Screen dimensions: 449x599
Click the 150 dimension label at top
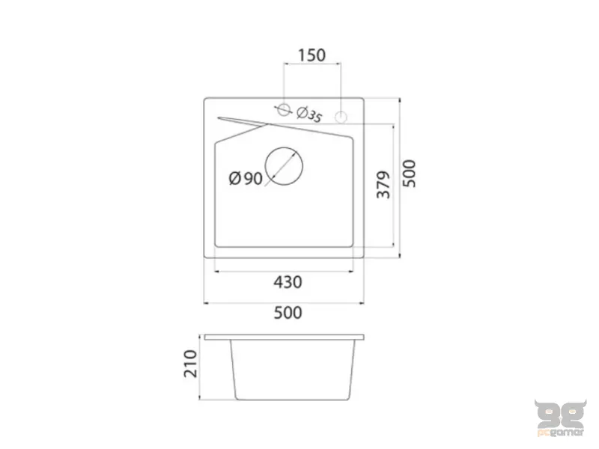click(x=311, y=55)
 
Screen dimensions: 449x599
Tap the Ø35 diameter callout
click(x=308, y=115)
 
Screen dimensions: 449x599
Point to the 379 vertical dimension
click(x=383, y=185)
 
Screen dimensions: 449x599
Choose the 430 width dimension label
click(x=288, y=282)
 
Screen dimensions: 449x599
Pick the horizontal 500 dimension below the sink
click(x=288, y=313)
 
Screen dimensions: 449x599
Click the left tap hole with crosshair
click(x=283, y=109)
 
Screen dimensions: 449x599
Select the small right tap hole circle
click(x=341, y=117)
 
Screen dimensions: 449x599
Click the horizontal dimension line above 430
click(x=284, y=270)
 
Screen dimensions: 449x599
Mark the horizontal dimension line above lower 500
click(x=284, y=302)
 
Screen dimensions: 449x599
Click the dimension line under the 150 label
click(x=312, y=65)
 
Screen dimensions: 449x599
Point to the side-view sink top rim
click(x=285, y=337)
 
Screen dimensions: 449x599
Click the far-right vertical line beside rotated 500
click(x=398, y=177)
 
